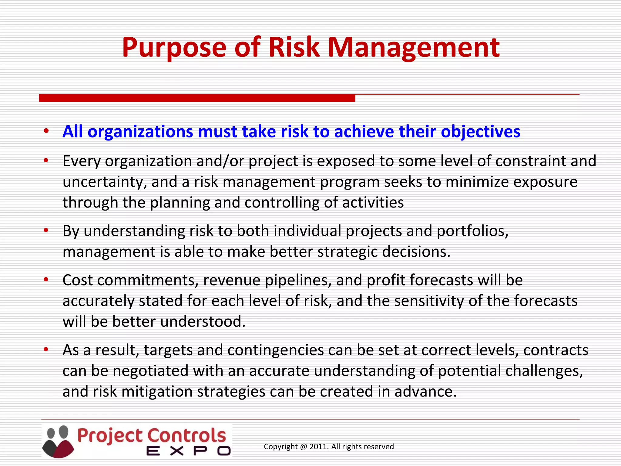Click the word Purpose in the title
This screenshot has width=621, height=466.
tap(174, 48)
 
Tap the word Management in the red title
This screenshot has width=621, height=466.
tap(414, 48)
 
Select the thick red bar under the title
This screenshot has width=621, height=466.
tap(197, 98)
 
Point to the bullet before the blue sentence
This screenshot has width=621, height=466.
tap(46, 131)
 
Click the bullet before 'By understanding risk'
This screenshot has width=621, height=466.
tap(46, 230)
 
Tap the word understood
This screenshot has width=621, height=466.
tap(202, 322)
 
